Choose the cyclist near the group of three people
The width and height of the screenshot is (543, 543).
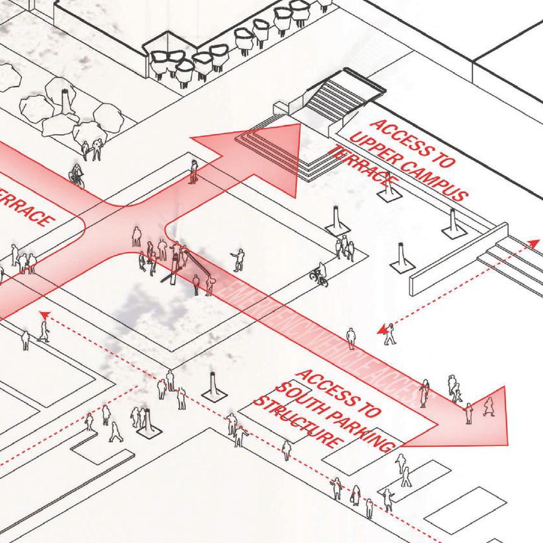click(x=318, y=276)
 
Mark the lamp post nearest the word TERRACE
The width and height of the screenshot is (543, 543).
click(x=387, y=190)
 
